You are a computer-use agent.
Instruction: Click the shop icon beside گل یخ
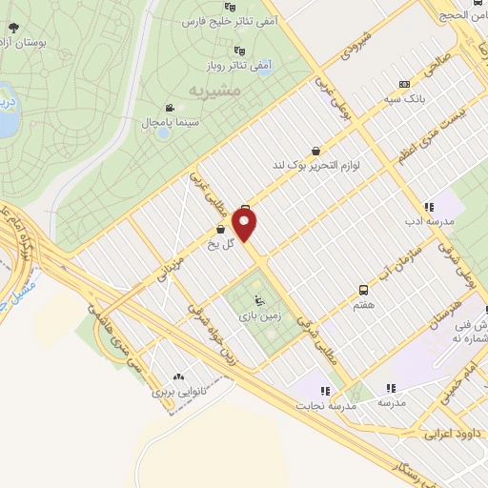(220, 230)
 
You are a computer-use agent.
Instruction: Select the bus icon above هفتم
(362, 288)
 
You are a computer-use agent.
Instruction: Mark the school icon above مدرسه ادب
(429, 205)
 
